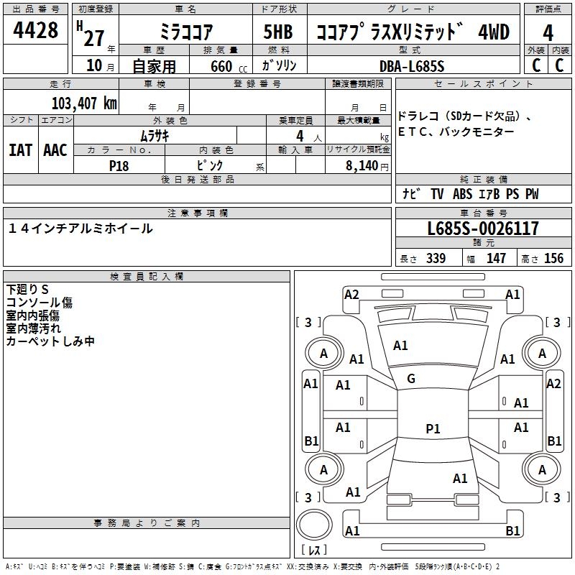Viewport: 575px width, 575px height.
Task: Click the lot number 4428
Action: pos(35,30)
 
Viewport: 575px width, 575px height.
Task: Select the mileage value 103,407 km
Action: pos(84,103)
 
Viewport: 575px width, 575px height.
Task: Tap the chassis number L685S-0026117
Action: pos(483,229)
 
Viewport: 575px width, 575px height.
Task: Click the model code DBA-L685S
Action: pos(412,66)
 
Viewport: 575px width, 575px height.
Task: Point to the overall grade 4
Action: pos(548,33)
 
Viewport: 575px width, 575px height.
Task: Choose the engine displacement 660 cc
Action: pos(229,67)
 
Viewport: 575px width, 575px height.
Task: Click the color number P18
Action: pos(119,166)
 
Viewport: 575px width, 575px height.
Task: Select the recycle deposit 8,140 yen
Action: pos(367,166)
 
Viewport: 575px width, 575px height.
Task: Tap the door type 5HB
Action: pos(278,32)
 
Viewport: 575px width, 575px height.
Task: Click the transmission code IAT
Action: pos(20,150)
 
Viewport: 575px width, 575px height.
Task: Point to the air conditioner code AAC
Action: pos(55,150)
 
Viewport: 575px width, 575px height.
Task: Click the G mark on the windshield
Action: pos(411,379)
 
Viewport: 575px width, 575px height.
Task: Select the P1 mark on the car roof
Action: pos(433,428)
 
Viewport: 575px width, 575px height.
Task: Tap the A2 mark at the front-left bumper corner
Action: pos(351,295)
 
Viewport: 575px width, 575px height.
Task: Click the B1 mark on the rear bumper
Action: pos(512,530)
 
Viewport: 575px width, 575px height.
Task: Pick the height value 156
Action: pos(553,258)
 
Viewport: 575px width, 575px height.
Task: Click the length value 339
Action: pos(436,258)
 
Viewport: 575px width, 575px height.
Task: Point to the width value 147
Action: pos(496,258)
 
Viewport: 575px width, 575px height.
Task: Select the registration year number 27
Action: pos(94,38)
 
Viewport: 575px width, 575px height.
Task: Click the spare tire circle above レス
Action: pos(314,525)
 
